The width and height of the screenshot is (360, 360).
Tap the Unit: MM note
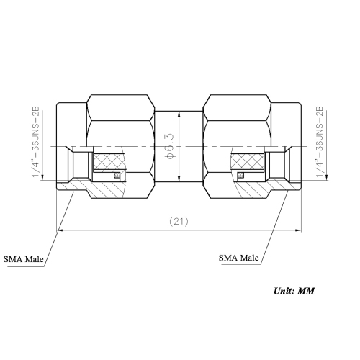tap(293, 292)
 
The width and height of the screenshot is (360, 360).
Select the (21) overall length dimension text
tap(179, 222)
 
